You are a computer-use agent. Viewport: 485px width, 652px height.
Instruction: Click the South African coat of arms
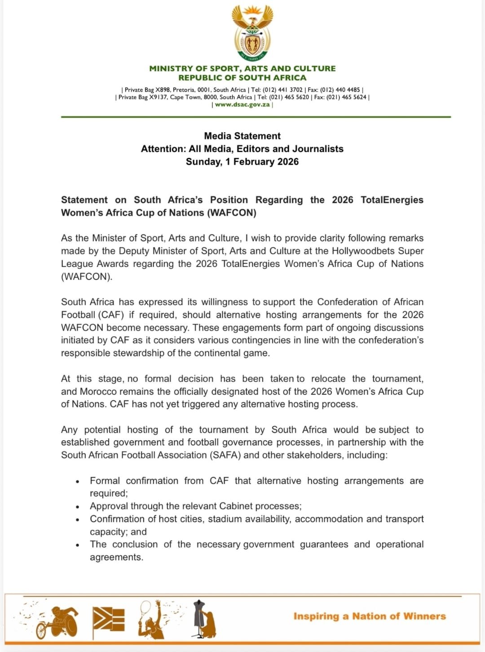point(252,33)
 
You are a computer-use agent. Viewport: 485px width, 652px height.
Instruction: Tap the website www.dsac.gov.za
point(242,105)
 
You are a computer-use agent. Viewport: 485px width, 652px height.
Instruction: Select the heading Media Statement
point(242,136)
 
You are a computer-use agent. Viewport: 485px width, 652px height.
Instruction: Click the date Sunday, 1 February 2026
point(242,162)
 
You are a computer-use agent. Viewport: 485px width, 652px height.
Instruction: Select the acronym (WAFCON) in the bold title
point(232,213)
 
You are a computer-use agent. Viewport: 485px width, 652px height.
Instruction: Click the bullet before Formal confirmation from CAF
point(78,481)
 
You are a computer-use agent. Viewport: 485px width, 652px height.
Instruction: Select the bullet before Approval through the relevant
point(78,507)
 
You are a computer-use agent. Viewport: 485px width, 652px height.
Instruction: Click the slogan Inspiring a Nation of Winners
point(370,617)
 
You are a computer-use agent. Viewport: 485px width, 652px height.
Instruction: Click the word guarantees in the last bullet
point(324,544)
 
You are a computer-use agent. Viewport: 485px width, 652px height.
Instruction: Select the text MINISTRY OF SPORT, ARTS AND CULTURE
point(242,69)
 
